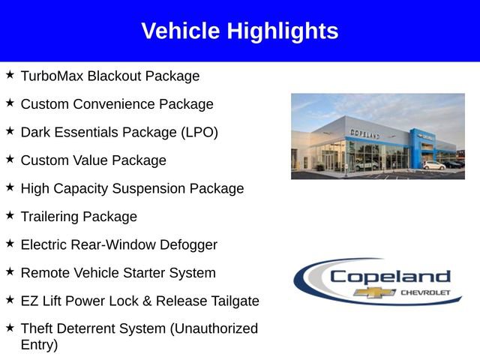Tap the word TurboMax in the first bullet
(52, 76)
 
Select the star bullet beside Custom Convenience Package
(10, 103)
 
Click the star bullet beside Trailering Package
(10, 215)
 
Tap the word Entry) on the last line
(38, 345)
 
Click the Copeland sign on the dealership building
(364, 133)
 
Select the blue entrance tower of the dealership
(416, 147)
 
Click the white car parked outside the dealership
(433, 165)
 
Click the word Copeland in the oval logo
(390, 276)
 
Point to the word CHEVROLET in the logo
(426, 292)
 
